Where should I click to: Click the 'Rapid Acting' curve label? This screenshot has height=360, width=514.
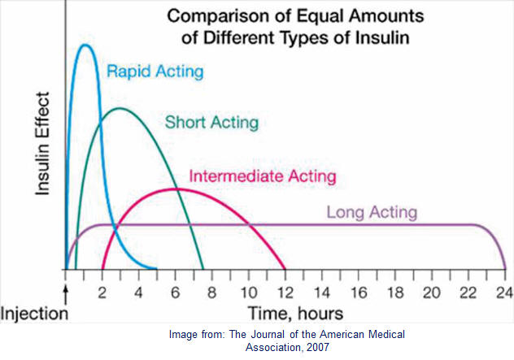click(x=155, y=72)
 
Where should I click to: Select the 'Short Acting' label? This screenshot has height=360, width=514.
click(x=211, y=123)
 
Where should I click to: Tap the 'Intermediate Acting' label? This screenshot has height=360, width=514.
click(x=263, y=176)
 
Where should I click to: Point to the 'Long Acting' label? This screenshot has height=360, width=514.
click(x=372, y=212)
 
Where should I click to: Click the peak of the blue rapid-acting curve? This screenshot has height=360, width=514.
click(x=85, y=45)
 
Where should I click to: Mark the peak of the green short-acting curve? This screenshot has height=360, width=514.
click(x=120, y=108)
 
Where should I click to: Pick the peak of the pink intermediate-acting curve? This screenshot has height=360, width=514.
click(x=176, y=189)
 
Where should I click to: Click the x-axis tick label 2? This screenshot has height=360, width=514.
click(x=102, y=293)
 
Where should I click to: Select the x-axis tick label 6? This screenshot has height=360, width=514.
click(x=176, y=293)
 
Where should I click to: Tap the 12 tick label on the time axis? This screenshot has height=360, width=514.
click(x=285, y=293)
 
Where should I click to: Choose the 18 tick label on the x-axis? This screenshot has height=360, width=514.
click(x=395, y=293)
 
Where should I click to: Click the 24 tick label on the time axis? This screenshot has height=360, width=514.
click(x=504, y=293)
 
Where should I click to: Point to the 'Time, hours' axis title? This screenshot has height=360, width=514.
click(x=295, y=314)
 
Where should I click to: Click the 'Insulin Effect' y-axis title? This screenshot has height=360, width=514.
click(x=42, y=144)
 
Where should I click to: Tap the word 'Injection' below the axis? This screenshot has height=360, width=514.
click(x=34, y=314)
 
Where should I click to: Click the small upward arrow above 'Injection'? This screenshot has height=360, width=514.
click(x=66, y=294)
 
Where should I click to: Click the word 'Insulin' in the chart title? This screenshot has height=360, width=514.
click(x=382, y=37)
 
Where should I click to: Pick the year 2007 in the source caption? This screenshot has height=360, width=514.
click(x=318, y=347)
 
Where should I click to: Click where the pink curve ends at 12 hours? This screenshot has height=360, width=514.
click(x=285, y=269)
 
